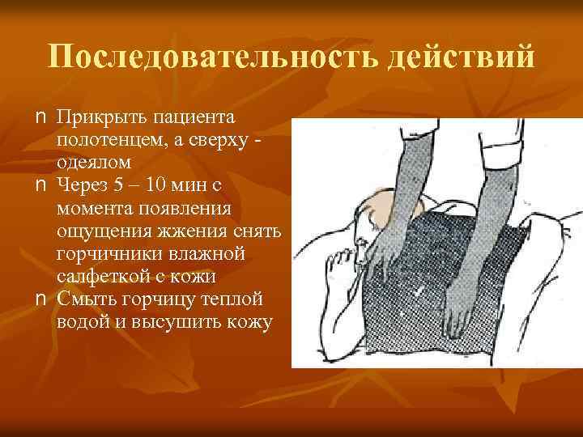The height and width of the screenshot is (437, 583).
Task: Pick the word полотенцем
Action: point(110,142)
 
